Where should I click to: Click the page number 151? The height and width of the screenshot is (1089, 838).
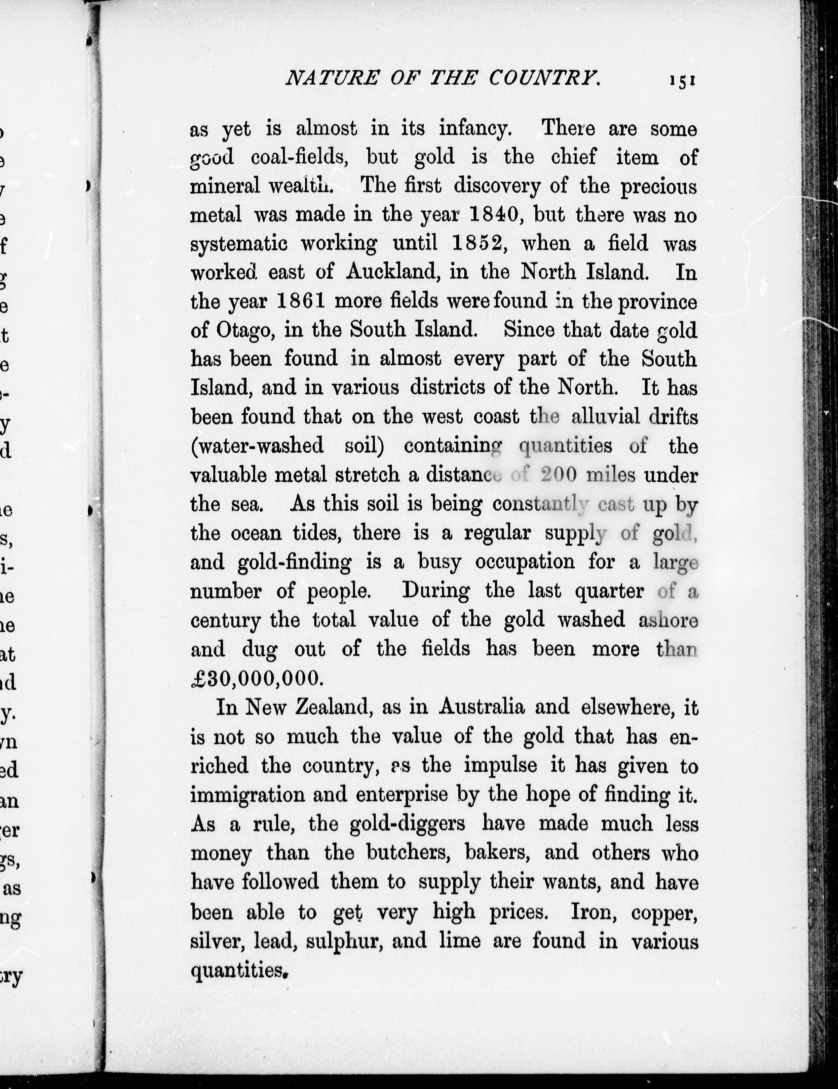pos(682,80)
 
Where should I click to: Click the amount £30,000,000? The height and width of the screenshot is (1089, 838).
pos(255,678)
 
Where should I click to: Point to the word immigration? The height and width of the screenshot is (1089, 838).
pos(247,794)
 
